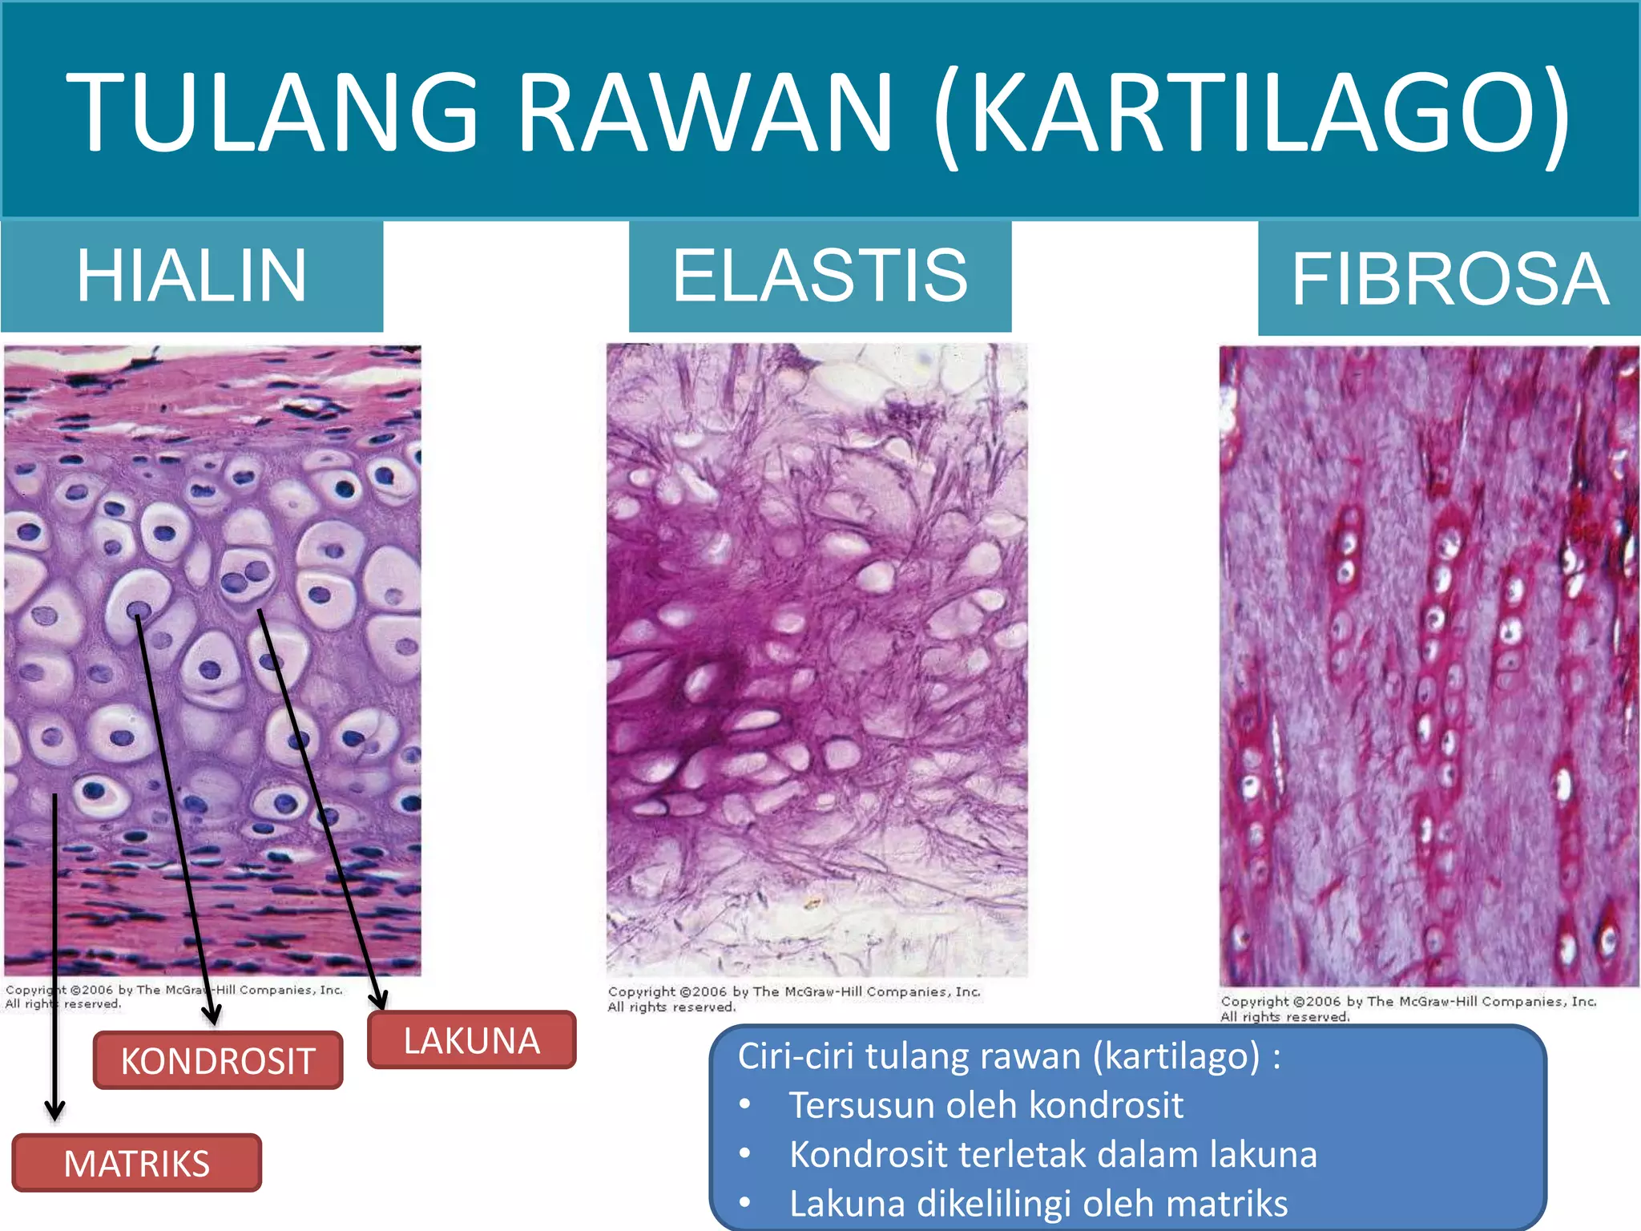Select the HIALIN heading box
tap(192, 276)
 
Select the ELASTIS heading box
tap(820, 276)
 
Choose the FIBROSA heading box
tap(1449, 279)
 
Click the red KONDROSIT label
tap(218, 1060)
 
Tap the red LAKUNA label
tap(472, 1040)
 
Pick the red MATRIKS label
tap(137, 1163)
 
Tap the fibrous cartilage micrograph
tap(1429, 665)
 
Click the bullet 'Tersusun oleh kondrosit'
tap(986, 1105)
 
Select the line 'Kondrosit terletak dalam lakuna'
tap(1052, 1154)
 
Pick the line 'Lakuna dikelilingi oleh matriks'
tap(1038, 1204)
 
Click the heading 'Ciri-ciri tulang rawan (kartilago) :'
tap(1008, 1056)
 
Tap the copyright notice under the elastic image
tap(793, 999)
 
